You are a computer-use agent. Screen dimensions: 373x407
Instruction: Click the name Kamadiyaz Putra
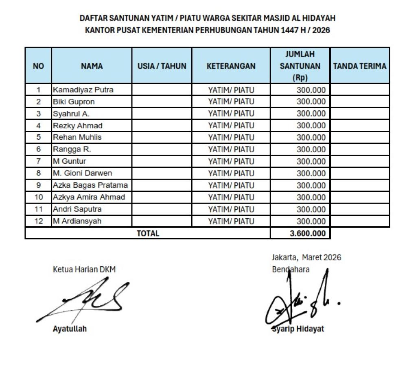[x=83, y=90]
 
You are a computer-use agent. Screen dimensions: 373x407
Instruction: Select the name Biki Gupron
[x=74, y=101]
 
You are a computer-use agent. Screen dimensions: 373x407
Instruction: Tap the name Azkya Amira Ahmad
[x=89, y=197]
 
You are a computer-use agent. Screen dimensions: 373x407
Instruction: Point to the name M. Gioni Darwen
[x=82, y=173]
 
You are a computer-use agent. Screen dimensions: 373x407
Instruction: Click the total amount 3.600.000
[x=308, y=234]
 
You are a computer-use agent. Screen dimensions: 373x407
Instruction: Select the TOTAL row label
[x=148, y=234]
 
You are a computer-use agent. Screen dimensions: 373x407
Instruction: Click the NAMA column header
[x=92, y=66]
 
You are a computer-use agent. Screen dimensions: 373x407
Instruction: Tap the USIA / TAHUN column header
[x=162, y=66]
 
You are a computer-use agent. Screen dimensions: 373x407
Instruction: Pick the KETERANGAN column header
[x=231, y=66]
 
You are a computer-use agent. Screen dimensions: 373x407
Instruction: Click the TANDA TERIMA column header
[x=359, y=66]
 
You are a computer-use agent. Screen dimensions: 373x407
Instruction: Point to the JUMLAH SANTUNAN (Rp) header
[x=300, y=66]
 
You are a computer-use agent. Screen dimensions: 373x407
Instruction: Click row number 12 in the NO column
[x=38, y=221]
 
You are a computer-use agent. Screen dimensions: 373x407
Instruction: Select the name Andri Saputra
[x=77, y=209]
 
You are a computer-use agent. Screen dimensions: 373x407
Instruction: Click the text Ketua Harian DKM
[x=84, y=270]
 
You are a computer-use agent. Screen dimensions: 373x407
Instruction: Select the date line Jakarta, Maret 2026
[x=306, y=257]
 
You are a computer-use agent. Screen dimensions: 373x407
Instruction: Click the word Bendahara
[x=290, y=270]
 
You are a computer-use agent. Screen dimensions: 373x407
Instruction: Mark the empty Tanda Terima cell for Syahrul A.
[x=359, y=113]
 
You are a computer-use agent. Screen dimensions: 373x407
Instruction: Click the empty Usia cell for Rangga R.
[x=162, y=149]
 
